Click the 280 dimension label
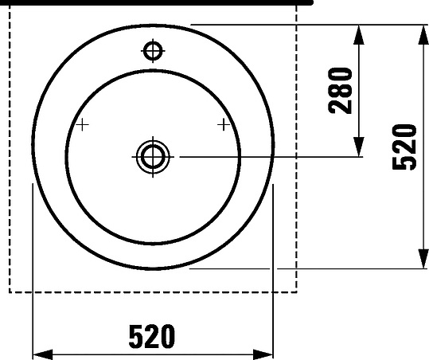(341, 91)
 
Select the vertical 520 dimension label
(404, 147)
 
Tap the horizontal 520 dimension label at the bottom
(151, 336)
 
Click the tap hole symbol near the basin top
(153, 51)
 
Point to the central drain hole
(153, 157)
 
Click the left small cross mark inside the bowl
(82, 125)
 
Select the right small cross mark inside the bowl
(224, 125)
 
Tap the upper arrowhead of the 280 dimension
(359, 34)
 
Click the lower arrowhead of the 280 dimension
(359, 147)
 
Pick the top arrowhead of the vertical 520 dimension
(423, 34)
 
